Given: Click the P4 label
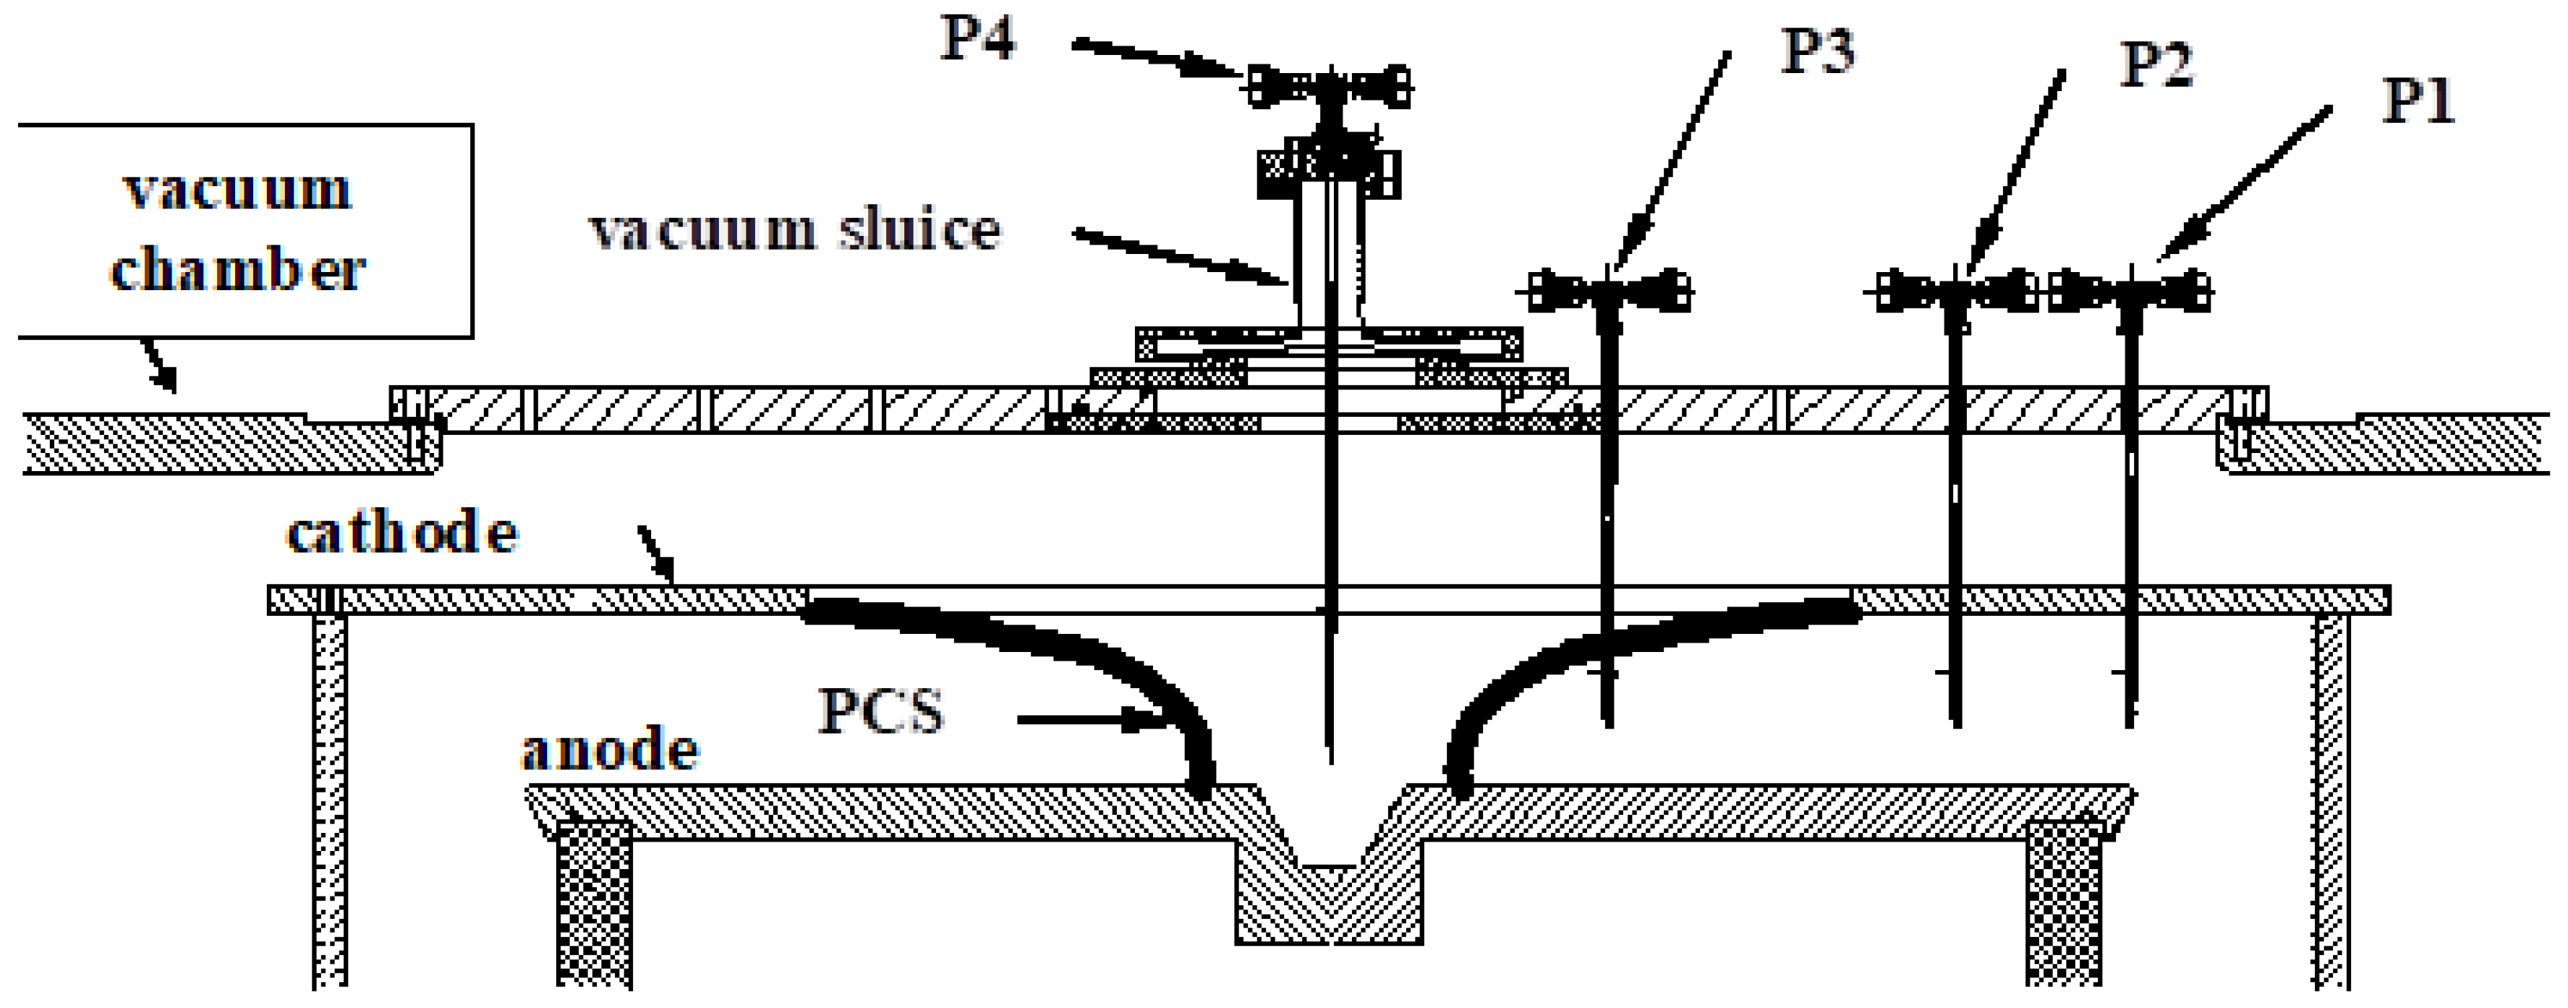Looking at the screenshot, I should coord(978,40).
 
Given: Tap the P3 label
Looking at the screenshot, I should coord(1817,52).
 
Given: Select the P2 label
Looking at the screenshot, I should coord(2155,65).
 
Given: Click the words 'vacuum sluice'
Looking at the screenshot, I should coord(794,230).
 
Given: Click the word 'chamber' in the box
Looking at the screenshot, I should coord(237,270).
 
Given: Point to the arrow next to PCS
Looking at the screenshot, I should coord(1092,718).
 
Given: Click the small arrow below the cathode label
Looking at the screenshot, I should coord(656,555).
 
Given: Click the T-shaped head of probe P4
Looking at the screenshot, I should coord(1329,85).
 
